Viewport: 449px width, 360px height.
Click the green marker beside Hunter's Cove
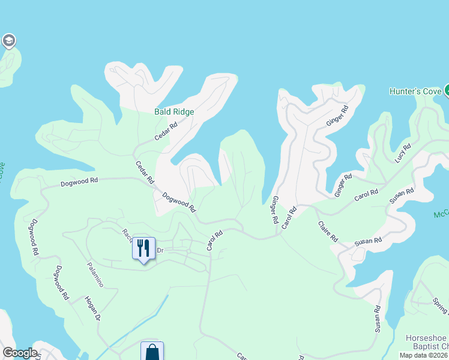point(447,91)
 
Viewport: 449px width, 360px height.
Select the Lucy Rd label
point(403,154)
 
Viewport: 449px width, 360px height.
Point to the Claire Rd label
point(328,232)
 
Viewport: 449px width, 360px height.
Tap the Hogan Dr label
point(91,308)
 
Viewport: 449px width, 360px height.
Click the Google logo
point(20,353)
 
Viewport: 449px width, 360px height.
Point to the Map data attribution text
point(424,355)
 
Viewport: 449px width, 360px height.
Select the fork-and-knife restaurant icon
point(143,248)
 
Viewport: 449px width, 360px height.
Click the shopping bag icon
point(152,352)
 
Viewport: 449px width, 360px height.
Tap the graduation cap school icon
point(8,41)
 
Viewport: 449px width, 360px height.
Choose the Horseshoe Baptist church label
point(427,342)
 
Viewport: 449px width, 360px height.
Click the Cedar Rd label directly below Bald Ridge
point(166,131)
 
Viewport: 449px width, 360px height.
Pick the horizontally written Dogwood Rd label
point(79,182)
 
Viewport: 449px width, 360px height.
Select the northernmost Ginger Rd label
point(337,116)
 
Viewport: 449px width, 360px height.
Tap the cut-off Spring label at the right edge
point(441,305)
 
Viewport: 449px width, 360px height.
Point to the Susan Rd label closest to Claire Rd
point(368,241)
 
